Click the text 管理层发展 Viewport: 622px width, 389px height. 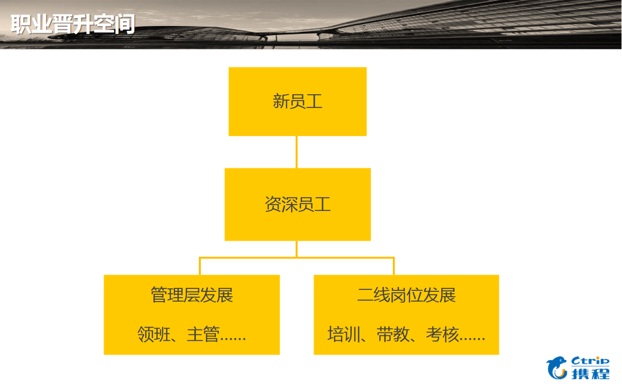click(192, 295)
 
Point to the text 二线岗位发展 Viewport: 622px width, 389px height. click(406, 295)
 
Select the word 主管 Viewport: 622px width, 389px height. click(202, 335)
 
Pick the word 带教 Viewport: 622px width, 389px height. click(392, 335)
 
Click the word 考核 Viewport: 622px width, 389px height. click(442, 335)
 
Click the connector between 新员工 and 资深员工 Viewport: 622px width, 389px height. click(297, 152)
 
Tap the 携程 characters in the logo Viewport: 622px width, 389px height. click(590, 374)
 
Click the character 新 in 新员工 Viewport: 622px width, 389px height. click(281, 102)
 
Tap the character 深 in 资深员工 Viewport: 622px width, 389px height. click(289, 204)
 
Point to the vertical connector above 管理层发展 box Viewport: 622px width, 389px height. click(200, 266)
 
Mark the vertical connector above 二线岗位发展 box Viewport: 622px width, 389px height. click(394, 266)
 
